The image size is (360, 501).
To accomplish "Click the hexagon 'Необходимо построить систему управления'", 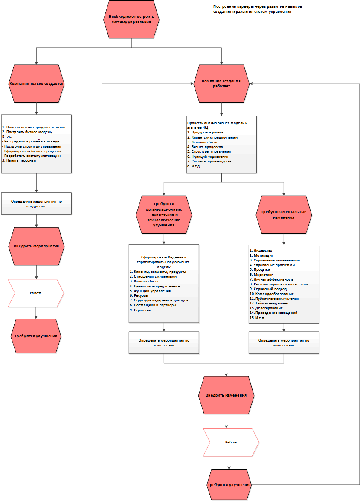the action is point(131,20).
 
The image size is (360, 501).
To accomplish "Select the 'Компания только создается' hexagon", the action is point(36,84).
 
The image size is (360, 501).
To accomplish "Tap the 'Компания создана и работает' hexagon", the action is point(221,84).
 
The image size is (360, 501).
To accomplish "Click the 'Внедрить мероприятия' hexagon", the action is point(36,246).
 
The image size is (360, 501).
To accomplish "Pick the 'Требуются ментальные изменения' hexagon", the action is point(284,215).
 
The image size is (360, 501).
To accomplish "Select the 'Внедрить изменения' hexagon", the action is point(226,395).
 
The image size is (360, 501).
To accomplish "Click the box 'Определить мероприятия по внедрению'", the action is point(36,203).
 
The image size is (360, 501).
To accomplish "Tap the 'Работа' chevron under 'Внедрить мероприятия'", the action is point(36,293).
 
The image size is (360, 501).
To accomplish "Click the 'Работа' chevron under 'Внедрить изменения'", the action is point(231,442).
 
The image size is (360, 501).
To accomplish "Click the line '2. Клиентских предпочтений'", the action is point(212,137).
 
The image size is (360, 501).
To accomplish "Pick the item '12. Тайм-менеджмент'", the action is point(269,303).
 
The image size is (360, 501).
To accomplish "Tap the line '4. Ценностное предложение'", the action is point(155,286).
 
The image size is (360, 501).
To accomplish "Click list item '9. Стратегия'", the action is point(140,310).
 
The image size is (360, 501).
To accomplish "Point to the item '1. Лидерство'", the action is point(261,251).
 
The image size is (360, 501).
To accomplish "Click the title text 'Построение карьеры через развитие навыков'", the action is point(257,6).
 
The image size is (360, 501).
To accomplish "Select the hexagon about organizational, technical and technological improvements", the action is point(164,215).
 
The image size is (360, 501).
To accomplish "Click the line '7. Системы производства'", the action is point(209,161).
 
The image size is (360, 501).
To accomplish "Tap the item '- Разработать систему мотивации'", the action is point(31,156).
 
